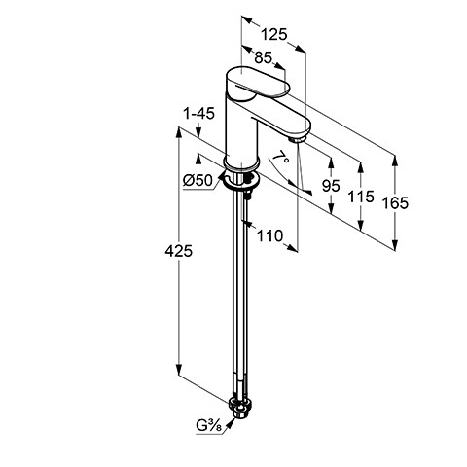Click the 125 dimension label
click(x=274, y=34)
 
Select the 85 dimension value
click(x=263, y=57)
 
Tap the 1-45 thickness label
click(x=198, y=114)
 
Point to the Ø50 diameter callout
click(x=198, y=180)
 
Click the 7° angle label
click(x=281, y=158)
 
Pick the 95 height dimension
click(x=331, y=186)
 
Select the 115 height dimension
click(x=361, y=197)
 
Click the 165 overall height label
click(x=395, y=203)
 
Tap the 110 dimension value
click(x=269, y=235)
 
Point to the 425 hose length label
click(x=179, y=251)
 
